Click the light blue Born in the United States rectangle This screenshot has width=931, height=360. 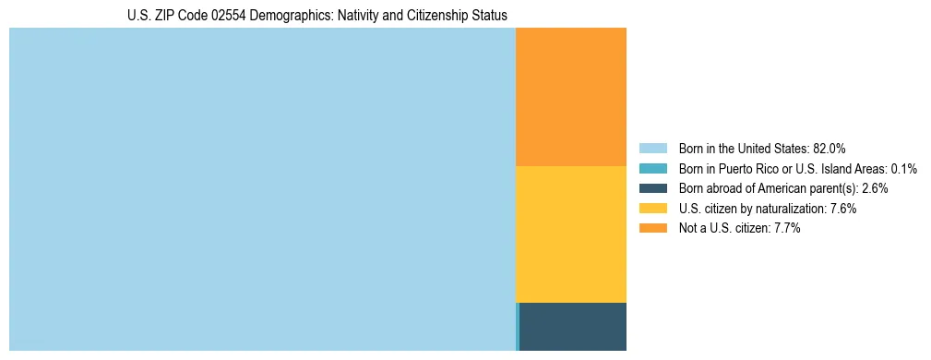(262, 189)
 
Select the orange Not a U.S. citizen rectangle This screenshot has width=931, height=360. (570, 97)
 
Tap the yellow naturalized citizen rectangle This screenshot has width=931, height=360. (570, 234)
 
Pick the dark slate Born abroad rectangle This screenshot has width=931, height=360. (573, 327)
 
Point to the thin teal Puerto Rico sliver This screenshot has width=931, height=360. (518, 327)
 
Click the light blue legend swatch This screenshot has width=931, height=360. (653, 148)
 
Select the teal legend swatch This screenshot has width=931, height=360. (653, 168)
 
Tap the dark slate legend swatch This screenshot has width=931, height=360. (653, 188)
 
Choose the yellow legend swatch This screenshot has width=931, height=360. (653, 209)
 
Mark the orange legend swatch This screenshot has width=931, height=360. (653, 228)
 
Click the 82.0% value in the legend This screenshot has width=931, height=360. (830, 148)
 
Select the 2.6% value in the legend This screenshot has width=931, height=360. (875, 188)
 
